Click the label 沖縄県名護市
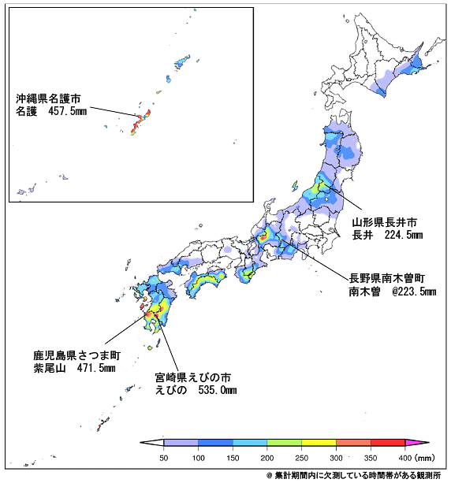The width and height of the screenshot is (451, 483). tap(49, 99)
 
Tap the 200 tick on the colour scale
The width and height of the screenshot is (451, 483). tap(268, 457)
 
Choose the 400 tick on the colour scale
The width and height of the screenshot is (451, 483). tap(405, 457)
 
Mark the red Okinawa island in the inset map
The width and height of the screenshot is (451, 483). tap(141, 119)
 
